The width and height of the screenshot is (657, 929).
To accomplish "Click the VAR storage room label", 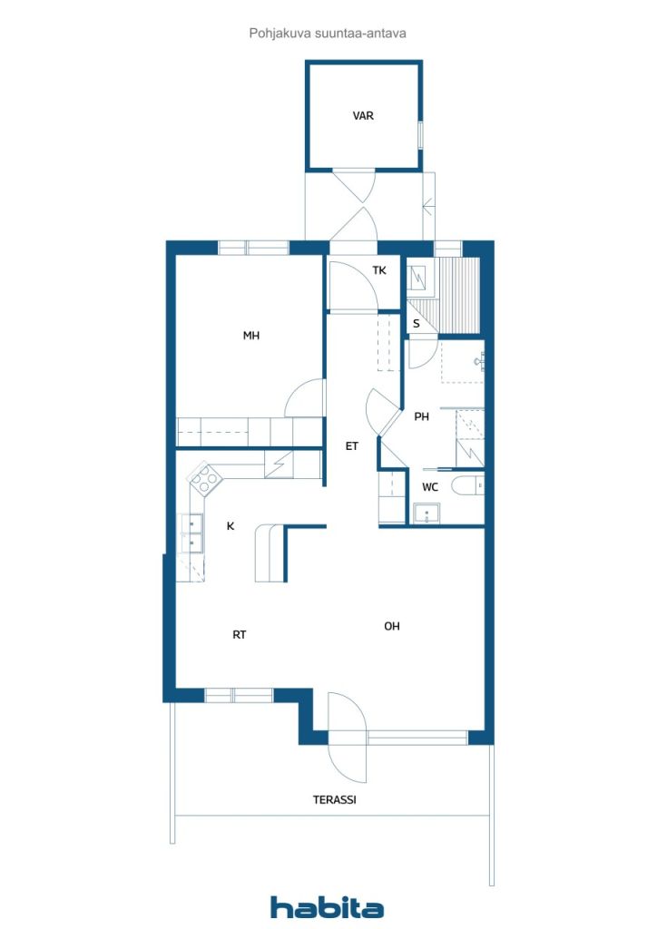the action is [x=363, y=115].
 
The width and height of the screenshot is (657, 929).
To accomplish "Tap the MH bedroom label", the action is [x=251, y=336].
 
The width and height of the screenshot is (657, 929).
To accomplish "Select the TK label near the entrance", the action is [x=379, y=270].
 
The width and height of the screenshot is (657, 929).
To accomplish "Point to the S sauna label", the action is [x=417, y=324].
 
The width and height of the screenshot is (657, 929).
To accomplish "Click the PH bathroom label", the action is [x=421, y=416].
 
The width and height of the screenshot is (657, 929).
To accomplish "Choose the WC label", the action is [x=430, y=487].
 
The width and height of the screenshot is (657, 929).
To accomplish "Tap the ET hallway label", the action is [x=352, y=446].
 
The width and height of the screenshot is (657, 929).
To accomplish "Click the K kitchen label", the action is [x=230, y=525].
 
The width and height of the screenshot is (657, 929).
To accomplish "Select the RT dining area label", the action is [x=240, y=634].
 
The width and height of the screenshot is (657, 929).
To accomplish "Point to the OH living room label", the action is [x=392, y=626].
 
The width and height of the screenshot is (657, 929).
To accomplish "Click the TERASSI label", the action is [x=335, y=800].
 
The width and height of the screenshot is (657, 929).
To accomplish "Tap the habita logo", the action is [x=327, y=906].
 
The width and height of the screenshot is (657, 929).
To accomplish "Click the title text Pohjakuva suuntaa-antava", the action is [x=328, y=34].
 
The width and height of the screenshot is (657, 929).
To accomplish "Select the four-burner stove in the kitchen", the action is [x=205, y=478].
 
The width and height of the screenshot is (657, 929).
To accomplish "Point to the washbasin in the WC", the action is [x=427, y=513].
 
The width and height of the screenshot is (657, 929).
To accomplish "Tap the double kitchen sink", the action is [x=193, y=533].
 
